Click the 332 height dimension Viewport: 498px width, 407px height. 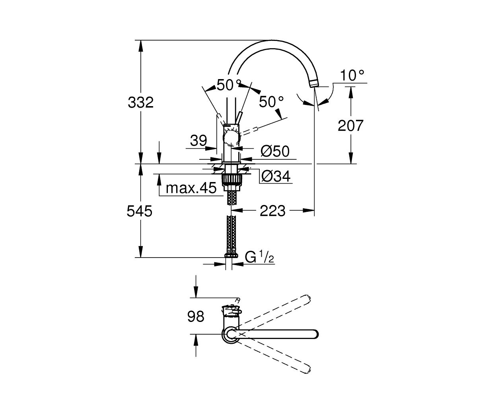pos(140,103)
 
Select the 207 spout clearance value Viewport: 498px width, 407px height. pos(350,126)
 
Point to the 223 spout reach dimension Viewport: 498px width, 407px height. pos(272,211)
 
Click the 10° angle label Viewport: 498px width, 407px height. pos(352,75)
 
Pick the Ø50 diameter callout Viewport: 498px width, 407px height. pos(275,151)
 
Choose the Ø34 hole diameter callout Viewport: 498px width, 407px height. pos(276,176)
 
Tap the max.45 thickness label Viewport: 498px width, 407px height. pos(191,188)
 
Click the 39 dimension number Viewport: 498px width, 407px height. pos(198,141)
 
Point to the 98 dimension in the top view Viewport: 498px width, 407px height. pos(196,316)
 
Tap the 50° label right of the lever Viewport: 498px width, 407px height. pos(271,102)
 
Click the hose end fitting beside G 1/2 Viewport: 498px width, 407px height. pos(231,256)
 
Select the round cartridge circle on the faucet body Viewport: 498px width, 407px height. pos(231,138)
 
